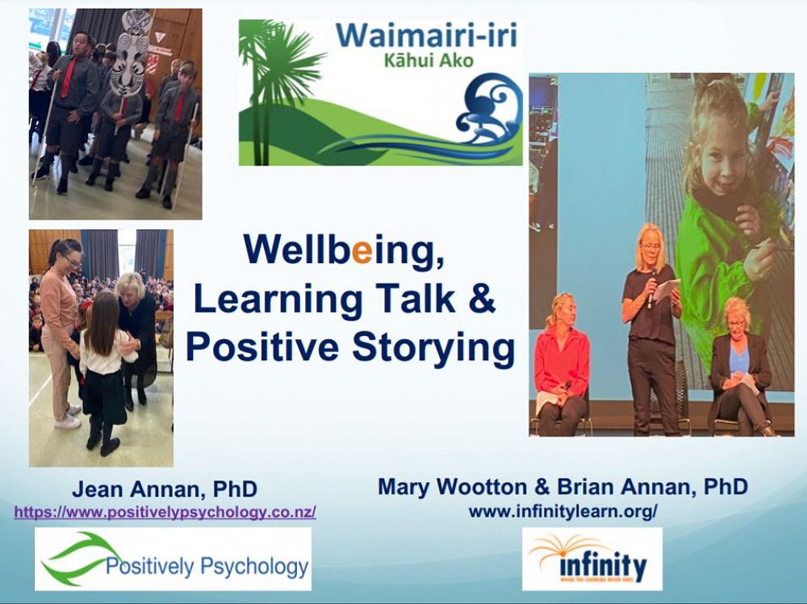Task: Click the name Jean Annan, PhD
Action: pyautogui.click(x=165, y=489)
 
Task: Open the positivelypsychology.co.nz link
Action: pyautogui.click(x=165, y=512)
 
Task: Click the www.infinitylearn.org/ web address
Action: pyautogui.click(x=563, y=511)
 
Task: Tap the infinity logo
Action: pyautogui.click(x=592, y=559)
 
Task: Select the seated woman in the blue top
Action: pyautogui.click(x=739, y=367)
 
